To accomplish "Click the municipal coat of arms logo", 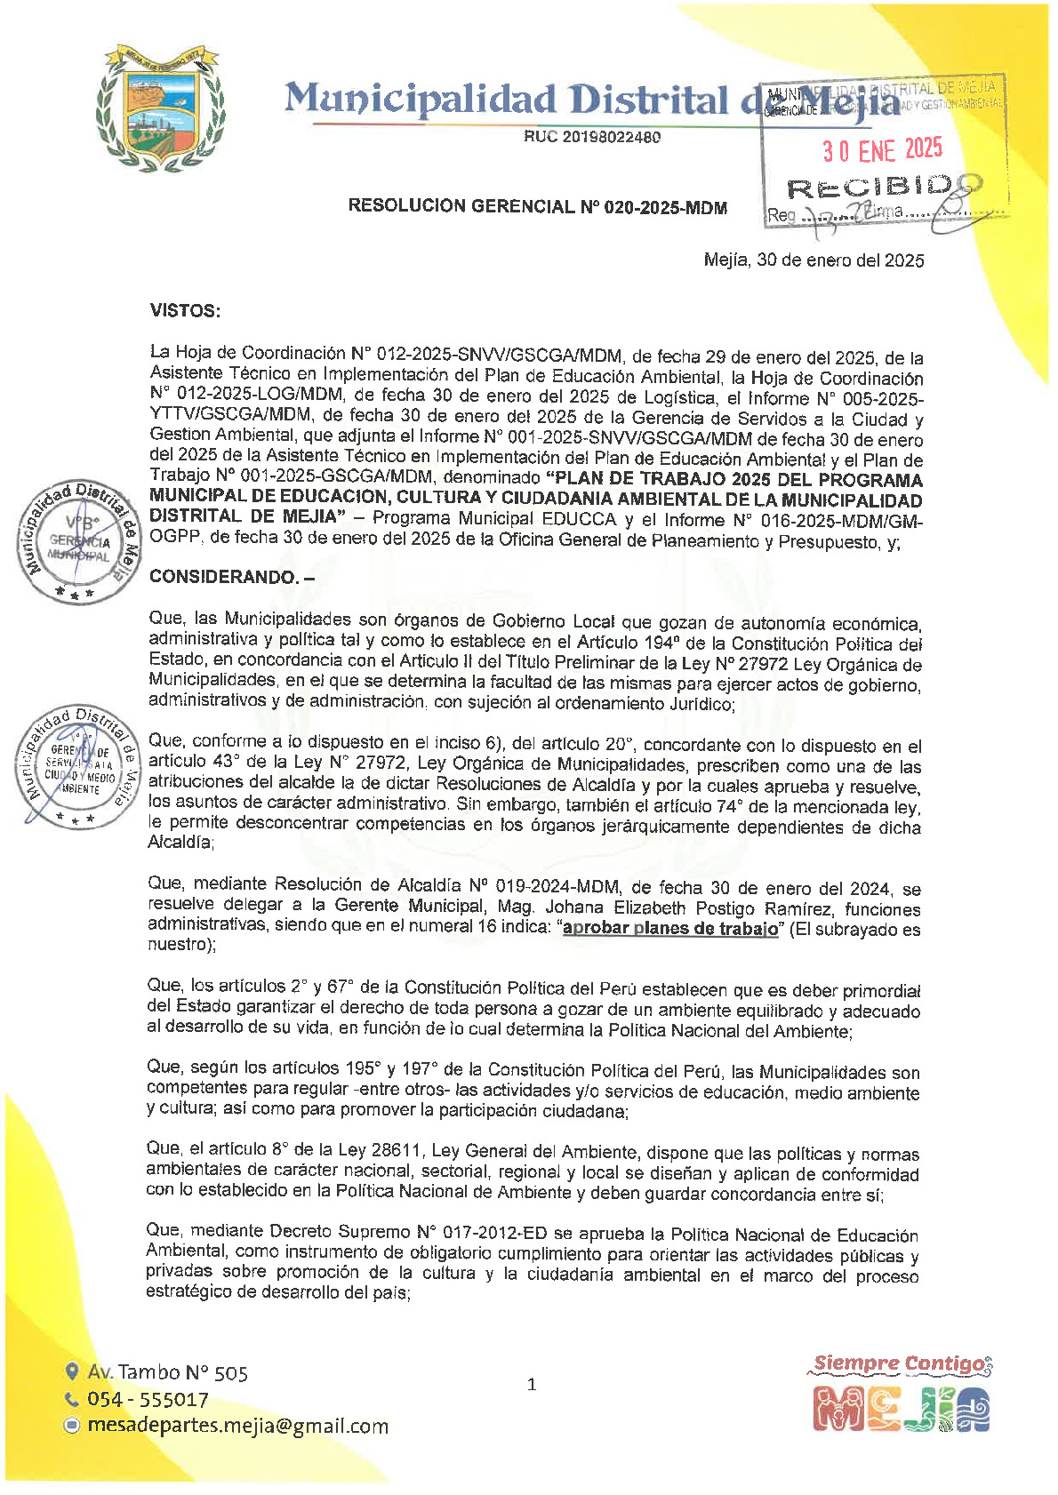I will (160, 108).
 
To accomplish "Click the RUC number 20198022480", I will (592, 137).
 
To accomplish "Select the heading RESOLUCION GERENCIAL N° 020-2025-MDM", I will (537, 207).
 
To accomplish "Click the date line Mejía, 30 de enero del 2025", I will (814, 260).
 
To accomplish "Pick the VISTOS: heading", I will (185, 310).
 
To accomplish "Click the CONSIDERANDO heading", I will (231, 577).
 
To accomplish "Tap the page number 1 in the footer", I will (532, 1384).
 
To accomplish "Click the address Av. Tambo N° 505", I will (167, 1372).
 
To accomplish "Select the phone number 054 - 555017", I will (148, 1399).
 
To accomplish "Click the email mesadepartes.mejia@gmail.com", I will (237, 1426).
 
